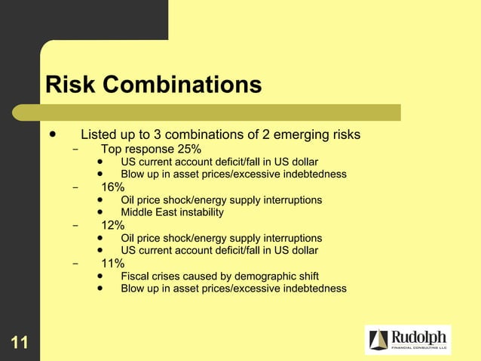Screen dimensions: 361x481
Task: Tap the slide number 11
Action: coord(20,344)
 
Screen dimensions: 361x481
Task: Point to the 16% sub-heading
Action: coord(113,187)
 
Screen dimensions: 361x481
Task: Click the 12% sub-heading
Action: coord(113,225)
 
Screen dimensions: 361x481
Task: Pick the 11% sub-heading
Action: coord(113,263)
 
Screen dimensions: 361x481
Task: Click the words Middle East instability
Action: coord(172,212)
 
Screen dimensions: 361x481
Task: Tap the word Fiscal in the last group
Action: coord(135,276)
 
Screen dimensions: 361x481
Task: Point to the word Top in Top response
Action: coord(112,149)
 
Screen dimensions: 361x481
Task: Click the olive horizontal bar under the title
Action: coord(219,112)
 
